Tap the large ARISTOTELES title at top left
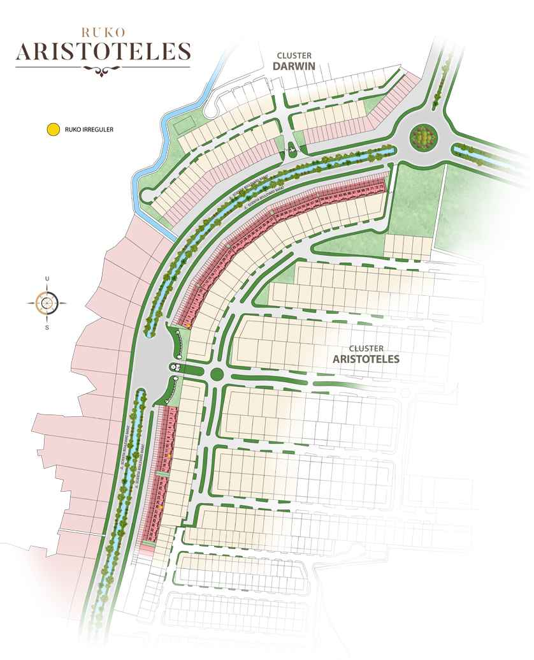coord(103,51)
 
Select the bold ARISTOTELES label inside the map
coord(366,359)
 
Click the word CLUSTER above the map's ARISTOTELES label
coord(366,348)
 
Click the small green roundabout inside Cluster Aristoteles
coord(215,374)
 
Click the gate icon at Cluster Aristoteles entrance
coord(176,367)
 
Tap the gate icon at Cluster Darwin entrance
coord(292,149)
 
